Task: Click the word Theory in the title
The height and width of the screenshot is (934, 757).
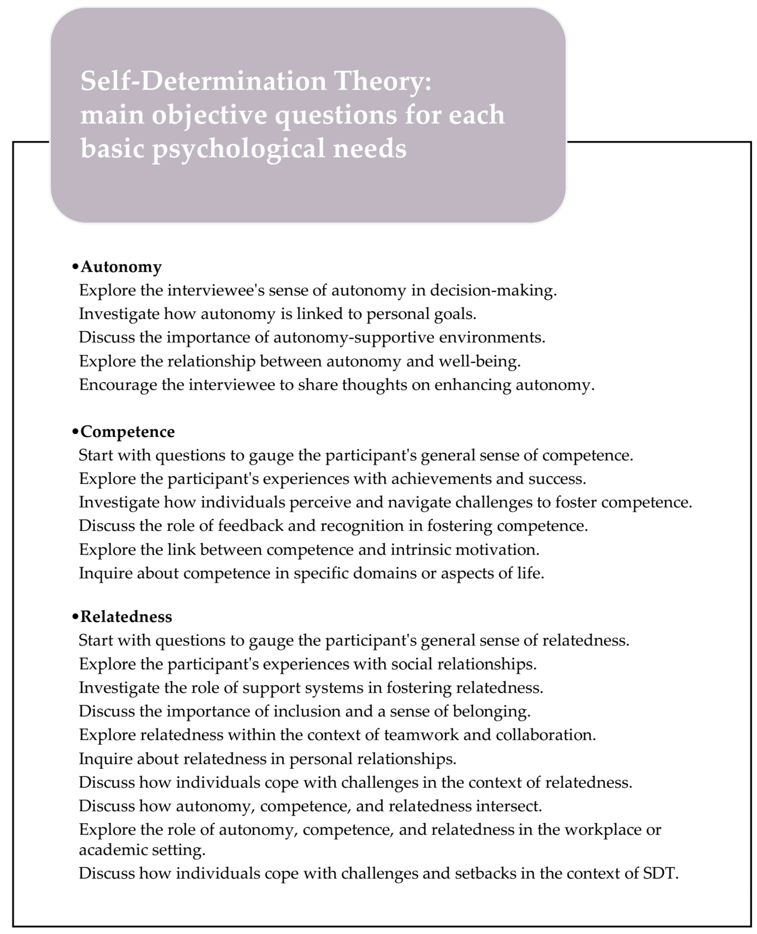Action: pos(382,82)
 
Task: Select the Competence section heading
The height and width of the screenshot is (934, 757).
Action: pos(127,431)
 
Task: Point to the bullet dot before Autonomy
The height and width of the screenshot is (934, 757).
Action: pos(75,267)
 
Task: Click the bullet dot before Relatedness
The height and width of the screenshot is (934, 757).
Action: pos(75,617)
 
